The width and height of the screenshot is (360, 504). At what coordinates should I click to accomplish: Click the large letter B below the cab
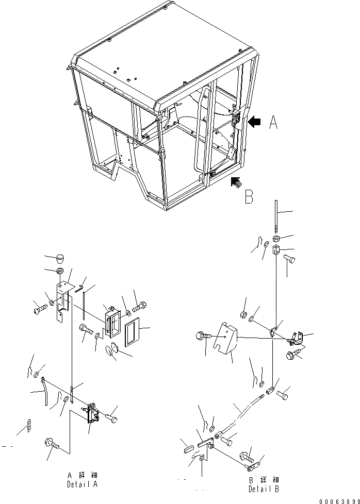point(249,197)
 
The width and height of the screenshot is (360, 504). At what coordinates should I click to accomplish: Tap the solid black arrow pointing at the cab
point(255,122)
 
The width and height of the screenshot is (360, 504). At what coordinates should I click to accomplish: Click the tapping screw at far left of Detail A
point(29,426)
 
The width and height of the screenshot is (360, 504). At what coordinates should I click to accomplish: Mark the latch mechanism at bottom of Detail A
point(93,413)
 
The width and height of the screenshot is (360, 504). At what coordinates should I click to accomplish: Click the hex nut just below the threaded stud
point(277,239)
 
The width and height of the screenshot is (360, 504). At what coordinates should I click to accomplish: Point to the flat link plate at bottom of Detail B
point(253,467)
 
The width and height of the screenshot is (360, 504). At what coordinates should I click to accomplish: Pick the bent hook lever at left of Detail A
point(46,390)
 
